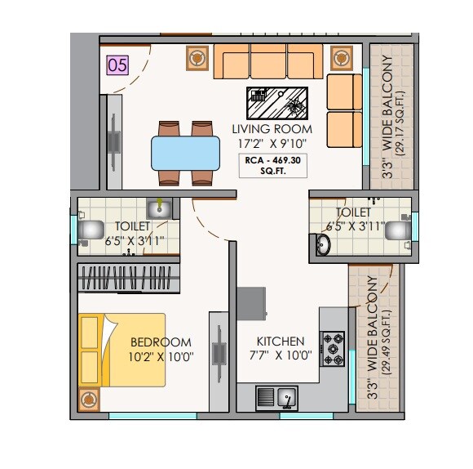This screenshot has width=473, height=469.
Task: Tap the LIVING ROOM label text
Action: (272, 129)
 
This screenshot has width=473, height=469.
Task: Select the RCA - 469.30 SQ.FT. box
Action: (273, 166)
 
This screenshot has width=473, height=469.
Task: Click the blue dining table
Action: (185, 153)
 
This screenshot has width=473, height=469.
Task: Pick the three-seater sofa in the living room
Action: (269, 61)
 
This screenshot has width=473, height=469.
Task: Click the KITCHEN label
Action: (281, 342)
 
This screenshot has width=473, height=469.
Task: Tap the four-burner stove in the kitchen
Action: (333, 349)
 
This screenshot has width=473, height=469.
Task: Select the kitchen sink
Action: (276, 398)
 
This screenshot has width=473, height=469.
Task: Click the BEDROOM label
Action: (161, 342)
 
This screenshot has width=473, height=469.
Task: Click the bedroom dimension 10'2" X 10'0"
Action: (161, 356)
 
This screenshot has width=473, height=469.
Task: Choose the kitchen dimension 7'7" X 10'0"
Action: (281, 355)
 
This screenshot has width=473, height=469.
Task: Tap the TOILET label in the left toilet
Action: (131, 226)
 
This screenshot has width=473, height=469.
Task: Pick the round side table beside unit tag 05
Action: (197, 59)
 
